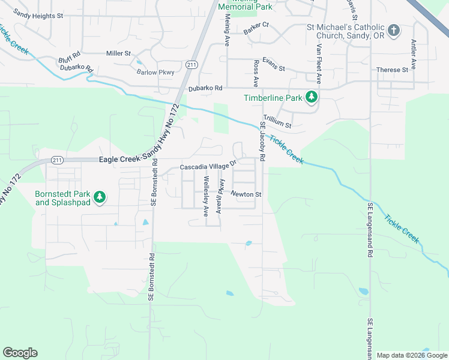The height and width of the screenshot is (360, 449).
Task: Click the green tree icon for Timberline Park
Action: tap(311, 97)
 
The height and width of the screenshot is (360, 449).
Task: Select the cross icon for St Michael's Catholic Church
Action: tap(394, 31)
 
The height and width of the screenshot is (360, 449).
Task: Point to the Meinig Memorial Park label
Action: tap(245, 6)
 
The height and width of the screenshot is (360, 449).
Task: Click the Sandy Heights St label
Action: tap(38, 14)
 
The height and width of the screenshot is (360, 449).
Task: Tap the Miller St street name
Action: tap(118, 53)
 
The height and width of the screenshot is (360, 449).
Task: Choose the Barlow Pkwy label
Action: tap(155, 72)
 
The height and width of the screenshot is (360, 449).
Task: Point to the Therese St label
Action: tap(392, 70)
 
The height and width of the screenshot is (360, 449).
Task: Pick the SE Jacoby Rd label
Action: tap(262, 142)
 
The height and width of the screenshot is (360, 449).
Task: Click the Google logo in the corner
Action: tap(20, 353)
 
